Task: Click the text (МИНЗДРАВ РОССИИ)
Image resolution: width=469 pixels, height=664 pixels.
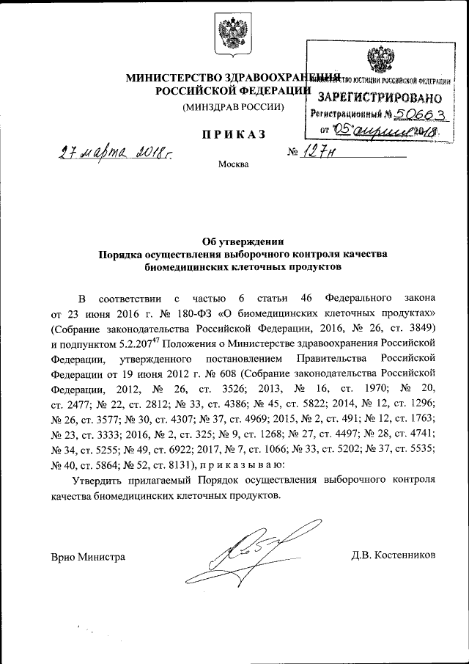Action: pyautogui.click(x=234, y=107)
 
